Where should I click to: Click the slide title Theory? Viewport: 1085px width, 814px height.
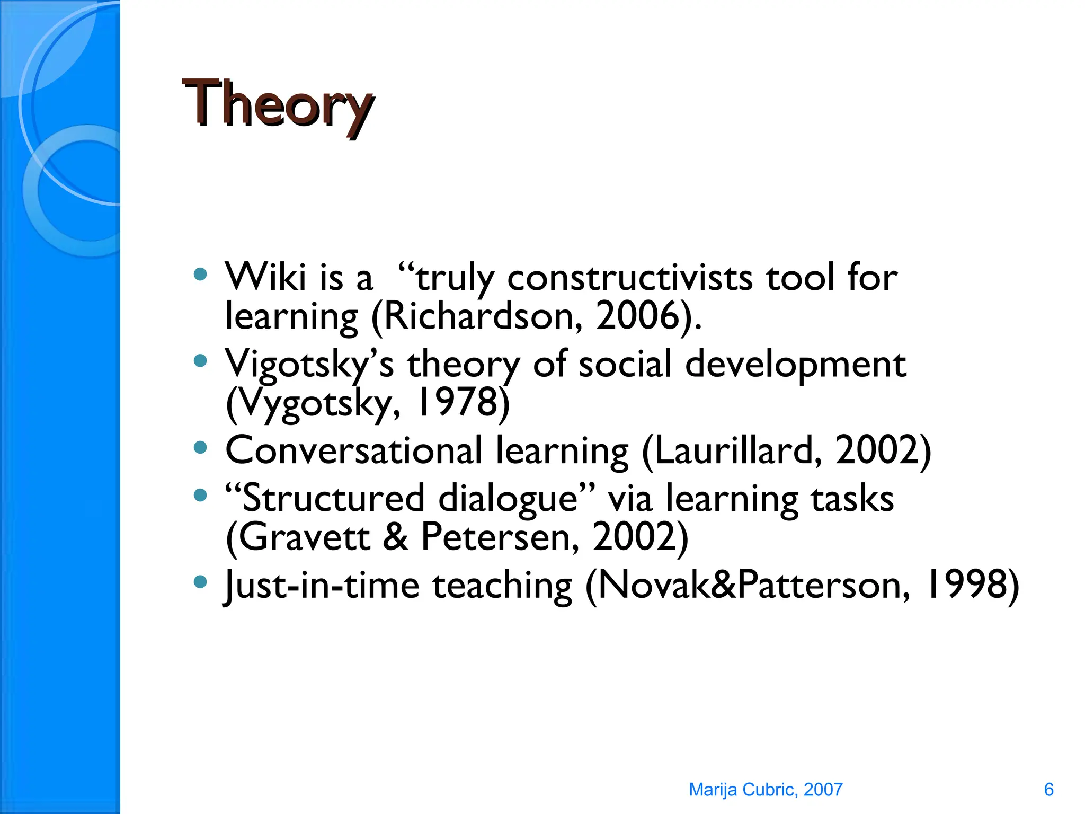click(278, 104)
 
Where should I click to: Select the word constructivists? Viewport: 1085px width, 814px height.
click(629, 278)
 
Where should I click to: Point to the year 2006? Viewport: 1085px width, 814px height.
click(638, 316)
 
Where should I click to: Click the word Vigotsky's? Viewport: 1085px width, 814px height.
click(309, 365)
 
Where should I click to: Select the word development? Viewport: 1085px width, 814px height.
click(795, 365)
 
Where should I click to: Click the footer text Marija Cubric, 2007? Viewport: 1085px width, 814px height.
click(765, 790)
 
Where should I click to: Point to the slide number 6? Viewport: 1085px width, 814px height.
click(1048, 790)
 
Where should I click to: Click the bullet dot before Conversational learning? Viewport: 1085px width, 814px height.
click(200, 448)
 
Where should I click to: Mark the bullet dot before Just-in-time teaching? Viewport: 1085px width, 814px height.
click(200, 582)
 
